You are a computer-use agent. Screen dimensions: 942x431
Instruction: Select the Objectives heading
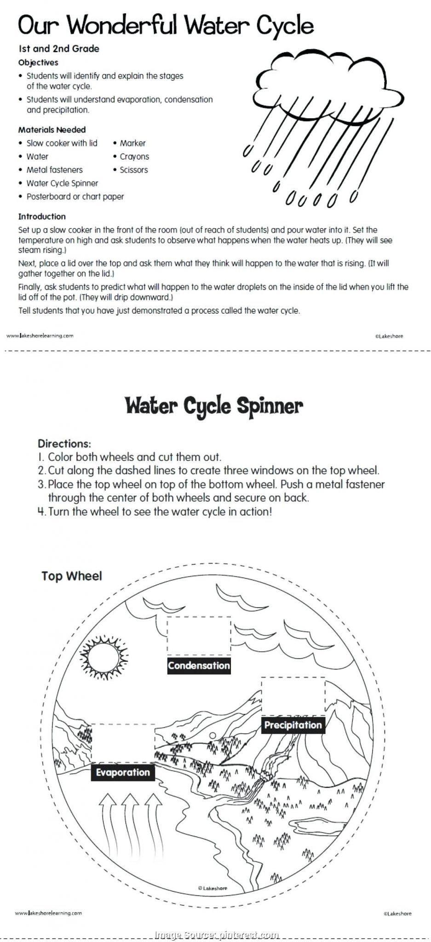(x=38, y=63)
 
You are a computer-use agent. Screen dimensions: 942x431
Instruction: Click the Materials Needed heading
(x=52, y=130)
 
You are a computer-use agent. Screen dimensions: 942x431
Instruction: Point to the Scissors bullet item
(x=133, y=170)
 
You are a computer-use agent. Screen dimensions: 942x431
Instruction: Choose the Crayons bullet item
(x=134, y=156)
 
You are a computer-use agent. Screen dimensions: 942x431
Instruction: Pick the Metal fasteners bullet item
(x=54, y=170)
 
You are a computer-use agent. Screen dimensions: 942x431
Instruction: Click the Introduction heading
(x=42, y=216)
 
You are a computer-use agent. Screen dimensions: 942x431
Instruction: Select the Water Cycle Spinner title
(x=214, y=406)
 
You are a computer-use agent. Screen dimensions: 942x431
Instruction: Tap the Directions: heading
(x=64, y=444)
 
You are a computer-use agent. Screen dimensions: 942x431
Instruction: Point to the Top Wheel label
(x=71, y=576)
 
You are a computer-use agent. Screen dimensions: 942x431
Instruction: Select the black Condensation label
(x=199, y=666)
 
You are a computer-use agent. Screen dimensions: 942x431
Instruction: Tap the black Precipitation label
(x=293, y=725)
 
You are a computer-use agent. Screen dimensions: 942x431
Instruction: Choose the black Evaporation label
(x=123, y=772)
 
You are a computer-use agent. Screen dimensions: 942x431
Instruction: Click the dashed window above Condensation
(x=199, y=636)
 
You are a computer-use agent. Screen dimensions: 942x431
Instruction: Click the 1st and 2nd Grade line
(x=59, y=48)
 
